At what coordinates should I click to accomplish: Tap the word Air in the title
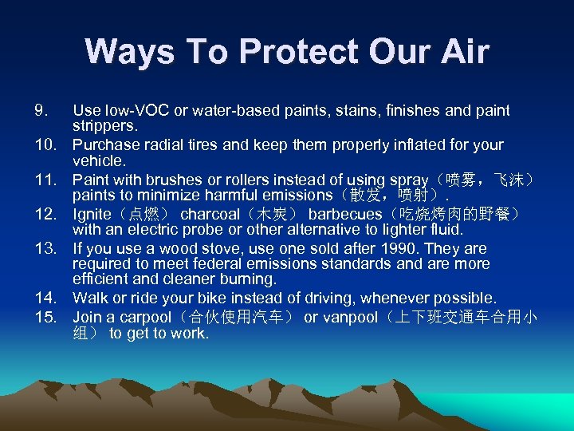[x=459, y=52]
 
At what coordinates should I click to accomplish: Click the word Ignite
[x=92, y=214]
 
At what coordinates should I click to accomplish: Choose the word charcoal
[x=210, y=214]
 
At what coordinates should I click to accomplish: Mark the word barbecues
[x=345, y=214]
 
